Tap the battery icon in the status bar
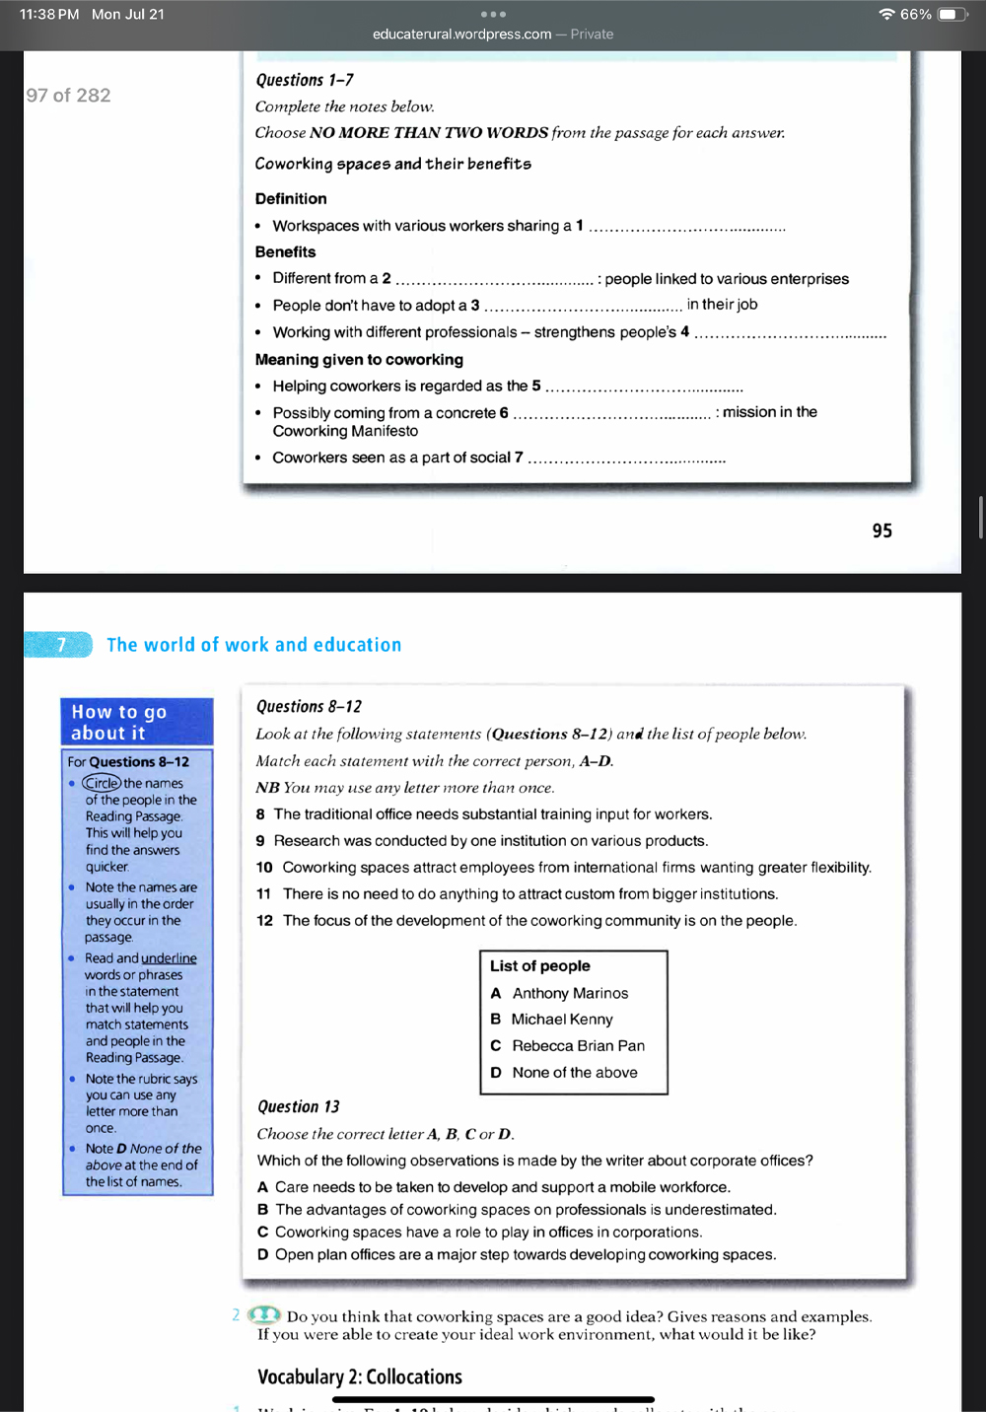coord(952,15)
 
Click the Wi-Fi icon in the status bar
coord(886,15)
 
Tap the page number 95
coord(881,530)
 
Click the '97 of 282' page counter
coord(68,96)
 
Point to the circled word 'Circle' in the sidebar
coord(101,783)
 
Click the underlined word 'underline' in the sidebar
coord(169,958)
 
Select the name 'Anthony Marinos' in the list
coord(570,993)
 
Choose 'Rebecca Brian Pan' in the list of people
coord(578,1045)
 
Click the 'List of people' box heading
coord(539,966)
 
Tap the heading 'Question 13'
coord(298,1106)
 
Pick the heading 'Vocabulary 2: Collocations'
coord(360,1377)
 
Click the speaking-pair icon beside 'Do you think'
coord(263,1315)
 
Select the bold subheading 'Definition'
coord(291,198)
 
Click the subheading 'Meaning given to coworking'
coord(359,360)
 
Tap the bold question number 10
coord(264,867)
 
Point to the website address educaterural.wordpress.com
coord(461,35)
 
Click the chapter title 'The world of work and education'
coord(253,645)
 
